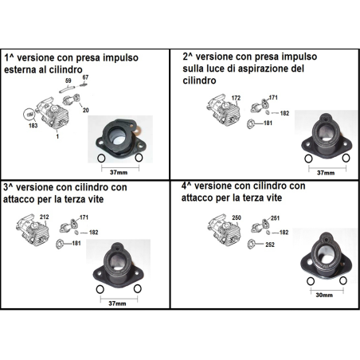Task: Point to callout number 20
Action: point(85,110)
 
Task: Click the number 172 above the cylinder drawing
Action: point(235,98)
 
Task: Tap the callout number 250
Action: point(235,217)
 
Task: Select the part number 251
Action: point(276,217)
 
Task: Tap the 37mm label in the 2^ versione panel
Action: point(326,171)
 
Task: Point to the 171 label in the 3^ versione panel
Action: point(83,217)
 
